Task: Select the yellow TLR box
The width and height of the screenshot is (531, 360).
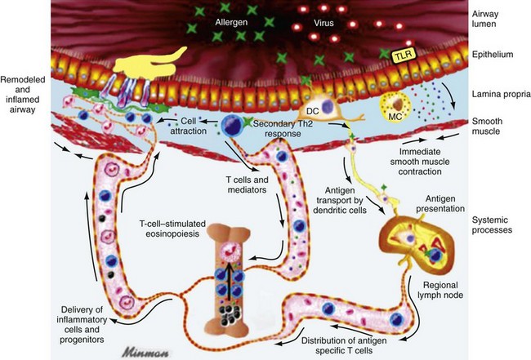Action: point(399,55)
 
